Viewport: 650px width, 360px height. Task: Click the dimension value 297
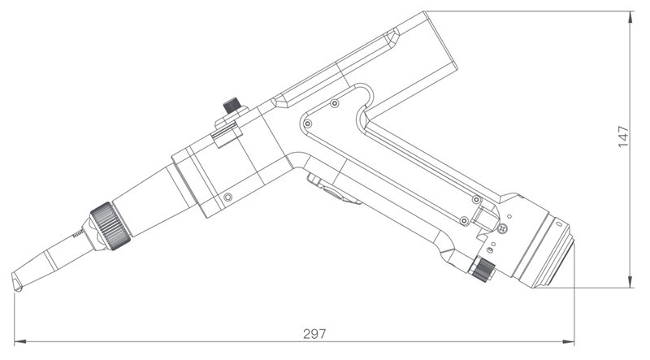pos(314,334)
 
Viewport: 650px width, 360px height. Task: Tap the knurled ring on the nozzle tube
pos(108,225)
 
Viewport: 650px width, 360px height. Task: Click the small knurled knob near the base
pos(484,268)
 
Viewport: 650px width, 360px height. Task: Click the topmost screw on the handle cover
pos(334,103)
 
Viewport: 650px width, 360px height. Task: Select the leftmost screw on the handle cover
pos(307,123)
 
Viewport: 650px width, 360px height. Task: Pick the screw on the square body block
pos(228,197)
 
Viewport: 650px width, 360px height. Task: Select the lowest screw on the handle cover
pos(462,220)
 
